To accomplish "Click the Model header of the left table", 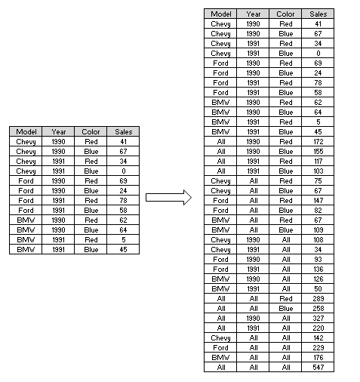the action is point(26,131).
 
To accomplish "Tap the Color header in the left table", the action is point(91,131).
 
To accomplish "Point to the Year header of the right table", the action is point(254,14).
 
